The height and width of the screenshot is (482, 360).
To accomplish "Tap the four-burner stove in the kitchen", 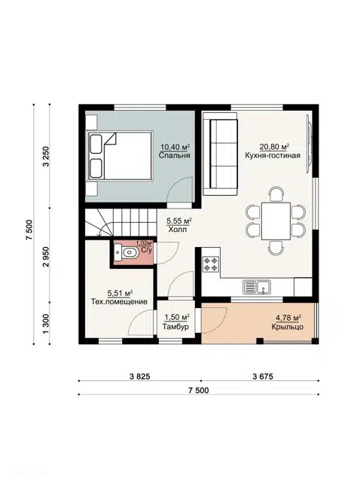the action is tap(211, 264).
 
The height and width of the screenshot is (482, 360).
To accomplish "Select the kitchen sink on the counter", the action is tap(257, 287).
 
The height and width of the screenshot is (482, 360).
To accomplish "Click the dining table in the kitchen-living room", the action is tap(276, 221).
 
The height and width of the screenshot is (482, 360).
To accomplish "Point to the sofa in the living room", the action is tap(220, 154).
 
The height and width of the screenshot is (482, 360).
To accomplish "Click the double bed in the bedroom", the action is tap(120, 156).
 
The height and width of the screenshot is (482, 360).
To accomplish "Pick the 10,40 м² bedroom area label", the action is tap(174, 147).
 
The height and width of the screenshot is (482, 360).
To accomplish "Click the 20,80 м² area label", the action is tap(274, 147).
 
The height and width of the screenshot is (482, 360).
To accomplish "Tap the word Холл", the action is tap(178, 229).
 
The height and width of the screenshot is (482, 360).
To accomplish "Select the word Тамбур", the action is tap(175, 326).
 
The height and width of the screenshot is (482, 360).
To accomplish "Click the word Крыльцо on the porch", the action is tap(288, 327).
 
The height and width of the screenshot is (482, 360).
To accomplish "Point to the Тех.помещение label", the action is tap(119, 301).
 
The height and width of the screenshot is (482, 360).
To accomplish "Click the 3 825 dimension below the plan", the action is tap(140, 377).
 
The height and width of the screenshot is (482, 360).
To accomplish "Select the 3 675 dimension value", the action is tap(263, 377).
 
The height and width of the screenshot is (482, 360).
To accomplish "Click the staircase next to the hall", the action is tap(121, 222).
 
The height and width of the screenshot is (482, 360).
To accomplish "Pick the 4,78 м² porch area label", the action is tap(288, 318).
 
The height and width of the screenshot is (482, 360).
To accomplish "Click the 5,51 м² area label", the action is tap(120, 293).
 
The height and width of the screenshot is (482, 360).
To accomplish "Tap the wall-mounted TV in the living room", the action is tap(309, 145).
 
